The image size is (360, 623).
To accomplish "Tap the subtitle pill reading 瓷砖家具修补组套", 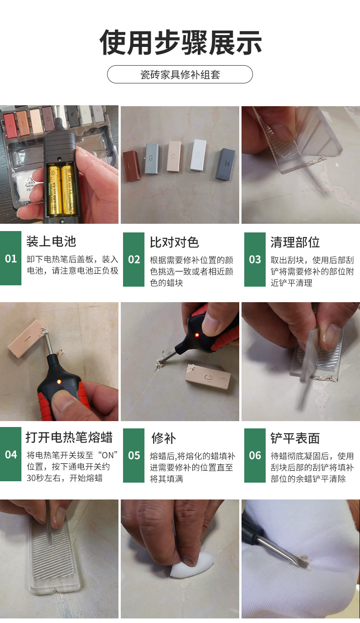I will [180, 74].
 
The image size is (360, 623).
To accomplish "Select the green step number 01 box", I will [10, 259].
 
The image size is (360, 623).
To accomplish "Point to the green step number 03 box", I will [255, 259].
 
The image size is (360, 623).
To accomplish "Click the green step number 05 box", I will [134, 455].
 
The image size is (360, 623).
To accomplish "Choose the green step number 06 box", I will [255, 455].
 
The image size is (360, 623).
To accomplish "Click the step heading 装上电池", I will [51, 242].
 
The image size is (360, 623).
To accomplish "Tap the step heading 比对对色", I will [174, 242].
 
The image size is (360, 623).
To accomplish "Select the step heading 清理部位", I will [295, 242].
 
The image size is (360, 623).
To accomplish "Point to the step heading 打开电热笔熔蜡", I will [69, 438].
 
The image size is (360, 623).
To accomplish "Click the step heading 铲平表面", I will [295, 438].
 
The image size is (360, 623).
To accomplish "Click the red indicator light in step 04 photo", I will [59, 381].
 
